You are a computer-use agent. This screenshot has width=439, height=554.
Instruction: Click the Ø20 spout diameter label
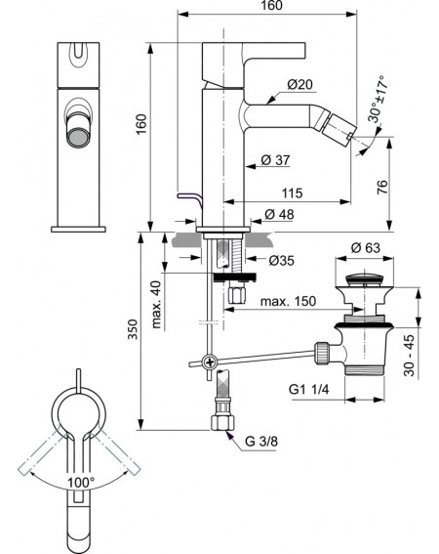coord(299,85)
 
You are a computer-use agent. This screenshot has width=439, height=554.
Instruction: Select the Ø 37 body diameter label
coord(275,160)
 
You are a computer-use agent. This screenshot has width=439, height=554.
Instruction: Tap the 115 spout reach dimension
coord(292,192)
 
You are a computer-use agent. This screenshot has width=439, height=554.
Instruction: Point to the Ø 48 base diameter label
coord(279,214)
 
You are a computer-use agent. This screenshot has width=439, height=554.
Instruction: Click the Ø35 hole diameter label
coord(281,261)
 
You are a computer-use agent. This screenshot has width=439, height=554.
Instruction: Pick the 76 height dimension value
coord(382,188)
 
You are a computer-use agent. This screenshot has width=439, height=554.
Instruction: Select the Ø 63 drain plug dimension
coord(366,247)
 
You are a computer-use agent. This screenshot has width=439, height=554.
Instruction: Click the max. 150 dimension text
coord(288,301)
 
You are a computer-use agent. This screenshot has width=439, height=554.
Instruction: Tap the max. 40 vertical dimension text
coord(156,305)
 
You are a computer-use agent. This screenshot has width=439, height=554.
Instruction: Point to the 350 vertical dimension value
coord(133,329)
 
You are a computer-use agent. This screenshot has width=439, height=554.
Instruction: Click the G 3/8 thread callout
coord(261,442)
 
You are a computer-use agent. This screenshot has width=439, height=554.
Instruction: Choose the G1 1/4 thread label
coord(309,389)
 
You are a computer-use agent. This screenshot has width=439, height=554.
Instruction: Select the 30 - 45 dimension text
coord(410,356)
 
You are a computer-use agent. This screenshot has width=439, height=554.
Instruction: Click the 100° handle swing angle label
coord(81,483)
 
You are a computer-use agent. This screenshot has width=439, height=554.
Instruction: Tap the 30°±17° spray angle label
coord(378,99)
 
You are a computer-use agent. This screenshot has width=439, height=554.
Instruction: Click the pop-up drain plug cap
coord(364,278)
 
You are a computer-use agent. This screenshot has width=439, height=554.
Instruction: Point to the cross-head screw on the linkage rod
coord(210,362)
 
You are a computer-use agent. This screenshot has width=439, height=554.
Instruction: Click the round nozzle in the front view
coord(78,138)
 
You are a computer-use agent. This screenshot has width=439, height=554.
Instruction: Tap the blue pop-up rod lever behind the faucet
coord(190,199)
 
